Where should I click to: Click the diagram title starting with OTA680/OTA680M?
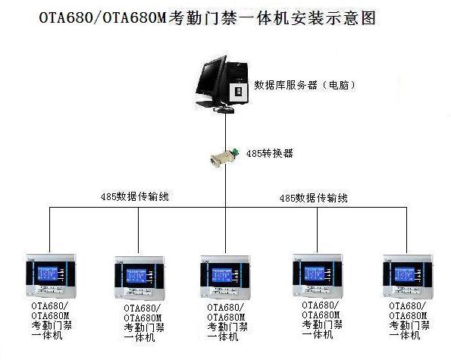[208, 18]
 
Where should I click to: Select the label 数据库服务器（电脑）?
[305, 85]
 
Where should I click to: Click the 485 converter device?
[225, 156]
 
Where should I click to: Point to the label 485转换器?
[270, 153]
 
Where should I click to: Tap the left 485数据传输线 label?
[135, 197]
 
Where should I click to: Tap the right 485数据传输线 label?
[314, 198]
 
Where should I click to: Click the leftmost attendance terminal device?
[52, 276]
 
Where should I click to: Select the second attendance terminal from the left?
[139, 277]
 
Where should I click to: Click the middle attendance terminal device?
[225, 277]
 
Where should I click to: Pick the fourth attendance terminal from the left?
[318, 276]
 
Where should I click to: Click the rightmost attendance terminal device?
[408, 276]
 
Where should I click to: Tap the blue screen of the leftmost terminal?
[48, 274]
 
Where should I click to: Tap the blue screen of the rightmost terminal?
[405, 274]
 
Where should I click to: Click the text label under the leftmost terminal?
[52, 321]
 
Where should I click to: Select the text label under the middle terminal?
[227, 322]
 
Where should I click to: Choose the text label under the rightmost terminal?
[409, 321]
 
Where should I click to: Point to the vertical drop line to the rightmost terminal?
[406, 230]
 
